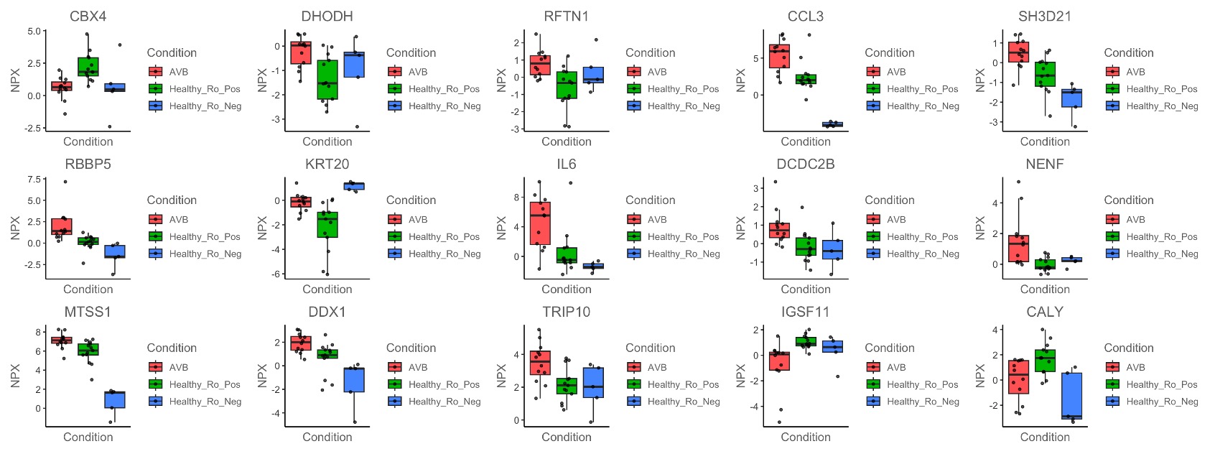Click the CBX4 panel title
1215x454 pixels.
pos(88,17)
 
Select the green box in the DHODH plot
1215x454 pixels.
pos(327,79)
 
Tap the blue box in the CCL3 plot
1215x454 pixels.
pos(832,124)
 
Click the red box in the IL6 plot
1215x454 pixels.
pos(540,223)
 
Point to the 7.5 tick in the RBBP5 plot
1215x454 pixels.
pos(33,180)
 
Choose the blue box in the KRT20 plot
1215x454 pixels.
pos(354,186)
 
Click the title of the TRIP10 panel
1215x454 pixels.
pos(567,312)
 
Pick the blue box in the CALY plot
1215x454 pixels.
pos(1071,395)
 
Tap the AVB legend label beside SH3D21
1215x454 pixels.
pos(1135,72)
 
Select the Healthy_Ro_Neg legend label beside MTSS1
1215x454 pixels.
pos(205,402)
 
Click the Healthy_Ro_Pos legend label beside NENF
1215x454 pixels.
pos(1162,236)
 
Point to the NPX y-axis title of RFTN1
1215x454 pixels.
pos(501,80)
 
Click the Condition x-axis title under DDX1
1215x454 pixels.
pos(327,437)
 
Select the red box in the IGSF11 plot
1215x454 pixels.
pos(779,361)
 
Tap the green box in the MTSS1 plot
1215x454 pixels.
pos(88,350)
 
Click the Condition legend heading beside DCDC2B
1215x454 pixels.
pos(890,200)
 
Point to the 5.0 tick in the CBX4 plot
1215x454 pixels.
pos(33,32)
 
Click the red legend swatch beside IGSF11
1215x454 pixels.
pos(873,367)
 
